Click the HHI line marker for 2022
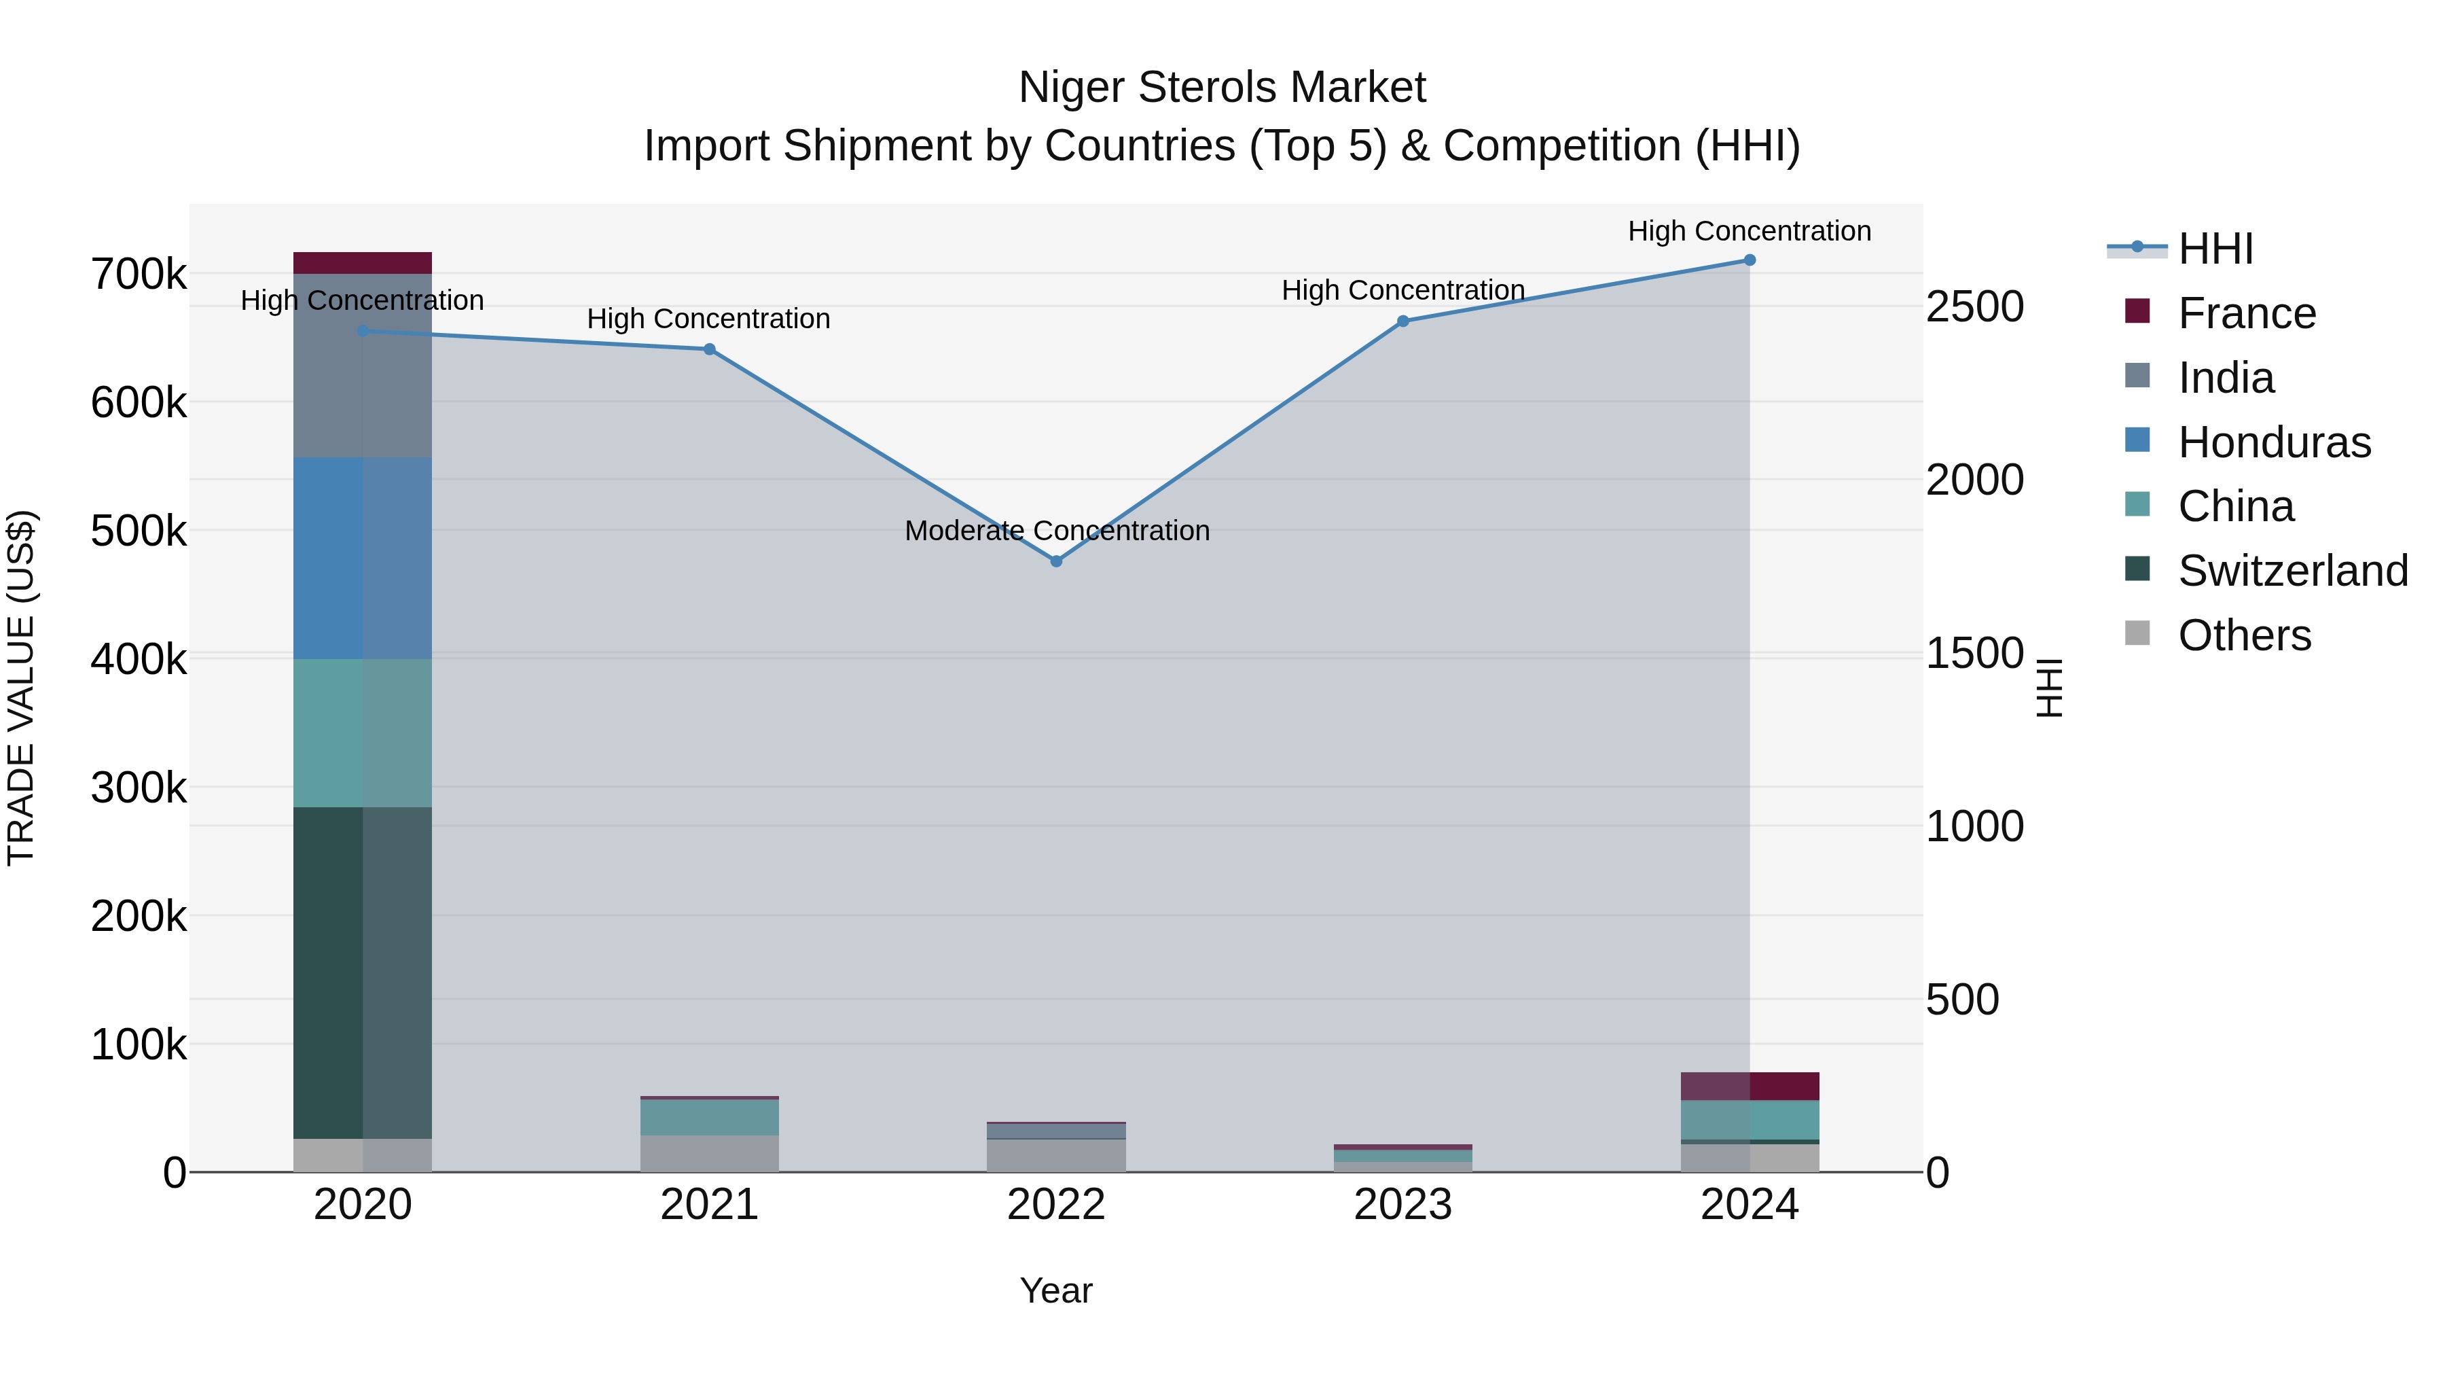click(x=1056, y=561)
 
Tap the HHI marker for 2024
click(x=1750, y=260)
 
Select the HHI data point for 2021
click(x=709, y=349)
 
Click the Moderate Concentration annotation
click(x=1056, y=531)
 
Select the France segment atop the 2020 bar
click(x=363, y=263)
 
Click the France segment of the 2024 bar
click(x=1750, y=1087)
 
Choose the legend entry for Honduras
click(x=2274, y=442)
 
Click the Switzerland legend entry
click(x=2292, y=571)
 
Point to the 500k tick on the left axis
click(x=139, y=531)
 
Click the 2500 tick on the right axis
click(x=1974, y=306)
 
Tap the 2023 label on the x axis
click(x=1403, y=1205)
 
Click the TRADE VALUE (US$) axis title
click(x=22, y=688)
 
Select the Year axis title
click(x=1055, y=1290)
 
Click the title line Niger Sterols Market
click(x=1222, y=88)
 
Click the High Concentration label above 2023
click(x=1403, y=291)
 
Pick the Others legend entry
click(x=2244, y=635)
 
